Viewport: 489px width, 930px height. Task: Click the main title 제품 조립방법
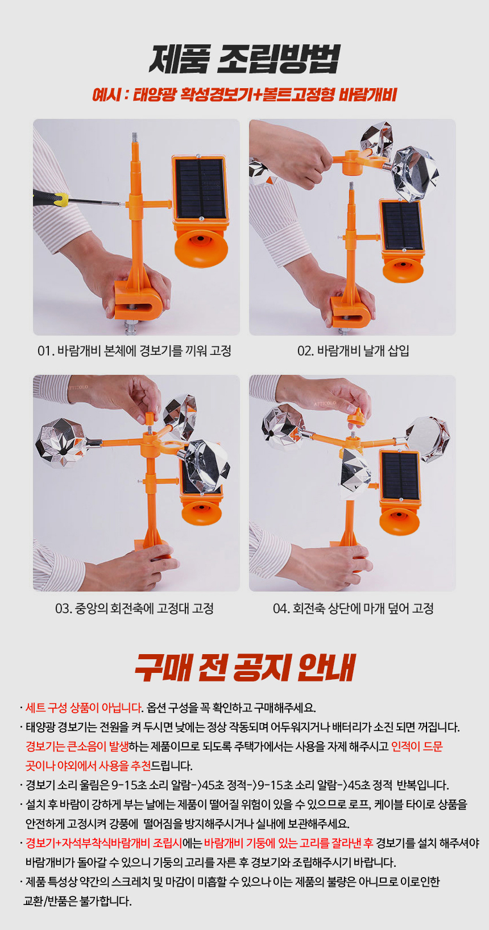click(244, 59)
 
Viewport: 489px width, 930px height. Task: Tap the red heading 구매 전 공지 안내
click(245, 667)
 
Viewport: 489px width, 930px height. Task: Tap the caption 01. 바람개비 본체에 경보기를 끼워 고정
click(135, 351)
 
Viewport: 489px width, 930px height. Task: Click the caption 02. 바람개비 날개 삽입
click(353, 351)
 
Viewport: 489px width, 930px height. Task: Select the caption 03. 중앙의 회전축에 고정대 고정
click(135, 609)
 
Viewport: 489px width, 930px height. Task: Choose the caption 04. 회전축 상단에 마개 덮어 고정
click(353, 609)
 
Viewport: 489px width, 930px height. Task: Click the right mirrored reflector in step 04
click(428, 440)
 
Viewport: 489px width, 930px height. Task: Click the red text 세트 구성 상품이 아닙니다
click(84, 708)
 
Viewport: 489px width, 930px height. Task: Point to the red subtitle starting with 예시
click(244, 95)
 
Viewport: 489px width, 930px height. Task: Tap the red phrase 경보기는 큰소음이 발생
click(77, 746)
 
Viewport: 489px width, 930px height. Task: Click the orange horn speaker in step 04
click(400, 520)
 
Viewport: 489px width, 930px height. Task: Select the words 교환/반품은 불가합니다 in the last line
click(77, 901)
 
